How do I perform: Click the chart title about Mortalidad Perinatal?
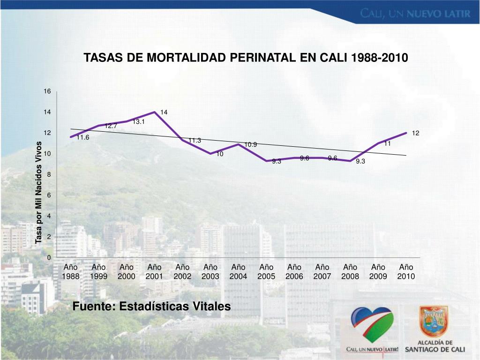[246, 58]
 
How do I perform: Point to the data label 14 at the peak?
[164, 112]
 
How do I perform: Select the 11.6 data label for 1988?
[83, 137]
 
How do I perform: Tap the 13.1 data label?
[139, 121]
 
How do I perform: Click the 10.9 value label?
[251, 144]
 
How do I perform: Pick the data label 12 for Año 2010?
[416, 133]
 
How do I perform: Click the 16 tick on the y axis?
[47, 91]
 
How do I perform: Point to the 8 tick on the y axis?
[49, 174]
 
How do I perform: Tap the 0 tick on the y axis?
[49, 258]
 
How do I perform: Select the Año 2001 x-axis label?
[154, 272]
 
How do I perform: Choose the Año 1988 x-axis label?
[70, 272]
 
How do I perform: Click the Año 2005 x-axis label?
[266, 272]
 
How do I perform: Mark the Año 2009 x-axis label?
[378, 272]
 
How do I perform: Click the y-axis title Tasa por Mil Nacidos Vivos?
[39, 192]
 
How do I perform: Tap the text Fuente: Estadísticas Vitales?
[152, 307]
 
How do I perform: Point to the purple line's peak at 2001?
[155, 112]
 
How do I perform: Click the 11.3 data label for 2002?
[195, 140]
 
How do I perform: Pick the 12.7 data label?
[111, 126]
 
